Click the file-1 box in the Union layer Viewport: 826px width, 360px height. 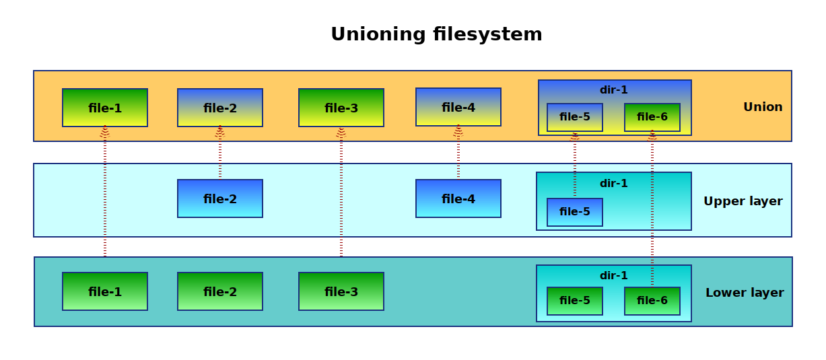click(105, 108)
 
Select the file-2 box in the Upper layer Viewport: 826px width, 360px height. click(220, 199)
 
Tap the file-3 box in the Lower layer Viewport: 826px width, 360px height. click(341, 291)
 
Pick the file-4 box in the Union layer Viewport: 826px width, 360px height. click(458, 107)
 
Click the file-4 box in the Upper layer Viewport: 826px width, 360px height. click(458, 199)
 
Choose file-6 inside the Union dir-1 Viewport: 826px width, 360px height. click(652, 117)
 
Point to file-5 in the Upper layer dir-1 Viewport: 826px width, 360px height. click(575, 212)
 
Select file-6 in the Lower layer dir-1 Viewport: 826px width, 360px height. click(652, 301)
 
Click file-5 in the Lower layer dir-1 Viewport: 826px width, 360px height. click(575, 301)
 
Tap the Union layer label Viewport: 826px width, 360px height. click(763, 107)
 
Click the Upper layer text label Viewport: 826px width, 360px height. click(743, 201)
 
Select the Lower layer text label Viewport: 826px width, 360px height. click(745, 293)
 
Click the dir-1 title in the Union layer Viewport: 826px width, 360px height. click(614, 89)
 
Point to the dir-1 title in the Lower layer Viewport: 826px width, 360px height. click(614, 275)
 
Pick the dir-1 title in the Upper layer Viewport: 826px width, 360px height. click(614, 183)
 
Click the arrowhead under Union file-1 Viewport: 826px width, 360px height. click(105, 131)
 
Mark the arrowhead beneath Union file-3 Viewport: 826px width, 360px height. click(341, 132)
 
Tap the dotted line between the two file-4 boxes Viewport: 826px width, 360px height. click(458, 155)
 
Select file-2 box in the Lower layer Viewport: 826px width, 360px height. click(220, 291)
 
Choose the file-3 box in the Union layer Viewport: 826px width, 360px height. click(341, 108)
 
